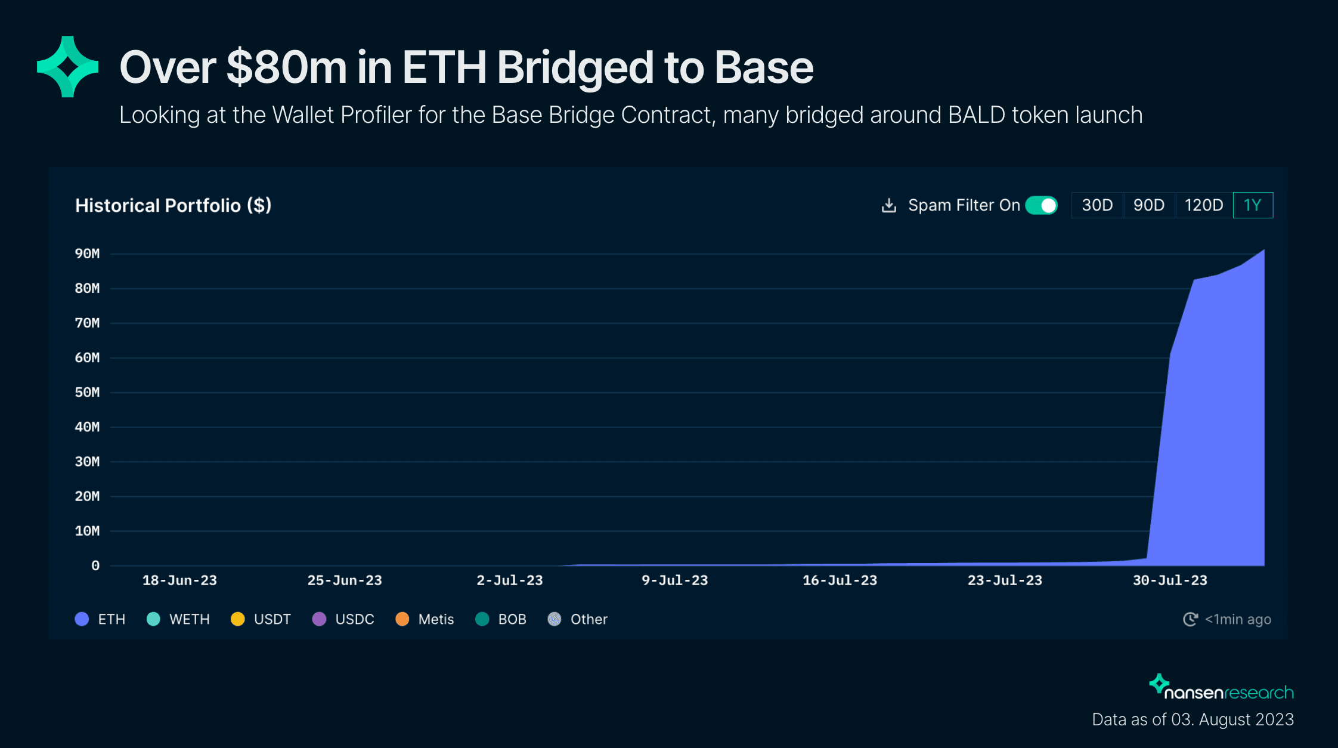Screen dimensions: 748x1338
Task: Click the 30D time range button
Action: point(1097,205)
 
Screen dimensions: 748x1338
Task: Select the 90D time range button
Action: point(1148,205)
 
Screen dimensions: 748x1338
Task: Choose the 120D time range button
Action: point(1203,205)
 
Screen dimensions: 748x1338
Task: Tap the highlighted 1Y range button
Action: point(1252,205)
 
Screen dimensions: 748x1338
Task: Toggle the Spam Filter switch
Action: point(1041,205)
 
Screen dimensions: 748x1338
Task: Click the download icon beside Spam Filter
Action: point(889,205)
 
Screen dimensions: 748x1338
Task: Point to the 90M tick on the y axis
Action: point(87,254)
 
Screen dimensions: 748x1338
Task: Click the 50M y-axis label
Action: point(87,392)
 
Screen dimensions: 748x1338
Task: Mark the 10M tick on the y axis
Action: point(87,531)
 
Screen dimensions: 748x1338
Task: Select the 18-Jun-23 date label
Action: point(179,580)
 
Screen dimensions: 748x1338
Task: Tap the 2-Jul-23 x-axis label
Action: point(510,580)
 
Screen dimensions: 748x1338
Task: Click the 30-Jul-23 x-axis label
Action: point(1170,580)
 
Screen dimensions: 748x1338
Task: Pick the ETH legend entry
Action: point(100,619)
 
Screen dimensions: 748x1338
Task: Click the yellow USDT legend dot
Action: point(237,619)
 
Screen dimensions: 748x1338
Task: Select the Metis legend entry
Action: point(425,619)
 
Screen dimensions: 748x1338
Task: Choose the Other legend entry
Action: point(577,619)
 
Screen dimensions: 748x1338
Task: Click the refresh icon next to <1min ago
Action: point(1190,619)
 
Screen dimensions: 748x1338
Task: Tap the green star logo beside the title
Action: point(67,67)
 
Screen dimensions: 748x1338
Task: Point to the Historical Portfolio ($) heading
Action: point(173,205)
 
